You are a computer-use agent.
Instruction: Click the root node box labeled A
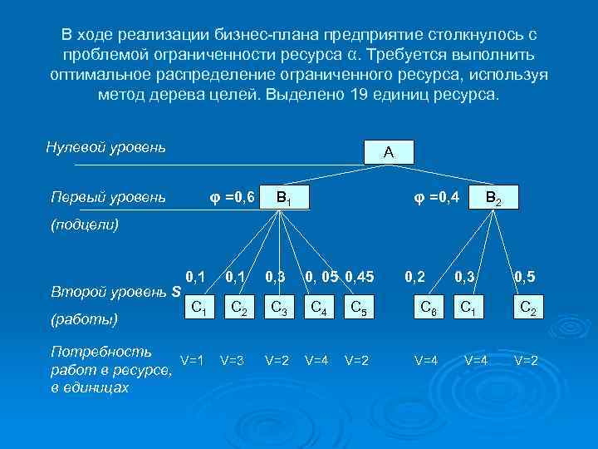click(x=389, y=152)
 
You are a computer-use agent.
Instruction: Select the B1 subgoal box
click(x=282, y=197)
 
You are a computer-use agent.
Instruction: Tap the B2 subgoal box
click(x=493, y=197)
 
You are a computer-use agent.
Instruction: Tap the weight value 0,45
click(x=360, y=275)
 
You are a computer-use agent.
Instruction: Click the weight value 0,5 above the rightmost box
click(x=525, y=275)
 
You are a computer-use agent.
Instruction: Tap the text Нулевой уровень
click(x=105, y=148)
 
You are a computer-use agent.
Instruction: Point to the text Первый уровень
click(x=107, y=198)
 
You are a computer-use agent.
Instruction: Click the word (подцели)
click(x=85, y=224)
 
